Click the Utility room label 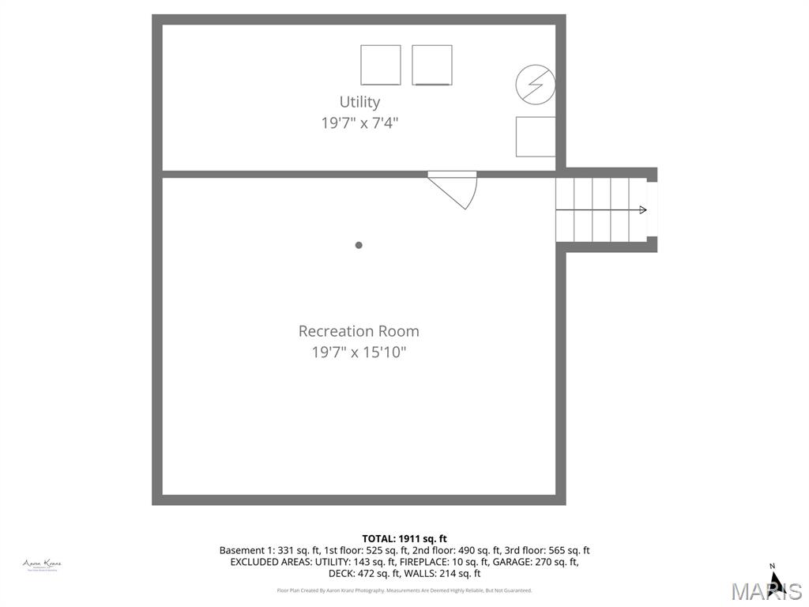[x=359, y=102]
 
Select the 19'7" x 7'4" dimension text [x=359, y=123]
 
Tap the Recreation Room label [x=359, y=331]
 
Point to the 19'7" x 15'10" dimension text [x=359, y=353]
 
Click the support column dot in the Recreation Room [x=359, y=245]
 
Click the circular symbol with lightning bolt [x=535, y=84]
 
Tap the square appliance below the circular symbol [x=536, y=137]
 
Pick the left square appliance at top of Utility [x=381, y=65]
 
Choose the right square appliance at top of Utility [x=432, y=65]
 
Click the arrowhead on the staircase [x=642, y=209]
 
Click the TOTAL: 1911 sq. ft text [x=404, y=539]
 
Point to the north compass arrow [x=775, y=581]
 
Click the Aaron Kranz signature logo [x=43, y=564]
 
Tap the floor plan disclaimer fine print [x=404, y=590]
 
